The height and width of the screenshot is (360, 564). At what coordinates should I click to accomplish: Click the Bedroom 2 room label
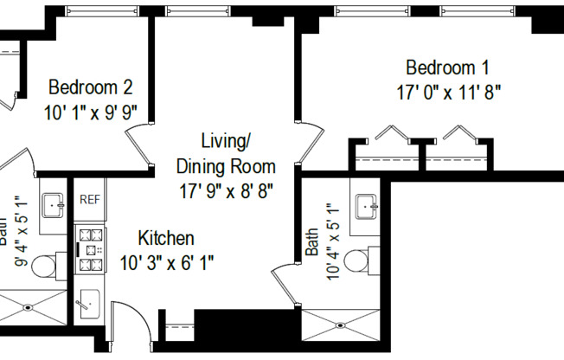tap(90, 87)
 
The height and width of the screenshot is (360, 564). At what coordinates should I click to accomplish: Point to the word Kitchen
tap(166, 238)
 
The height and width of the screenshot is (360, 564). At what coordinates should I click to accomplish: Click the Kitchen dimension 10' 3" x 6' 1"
tap(167, 260)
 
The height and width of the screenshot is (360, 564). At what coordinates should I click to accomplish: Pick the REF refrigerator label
tap(90, 200)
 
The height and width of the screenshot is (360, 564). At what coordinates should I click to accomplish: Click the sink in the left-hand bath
tap(54, 206)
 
